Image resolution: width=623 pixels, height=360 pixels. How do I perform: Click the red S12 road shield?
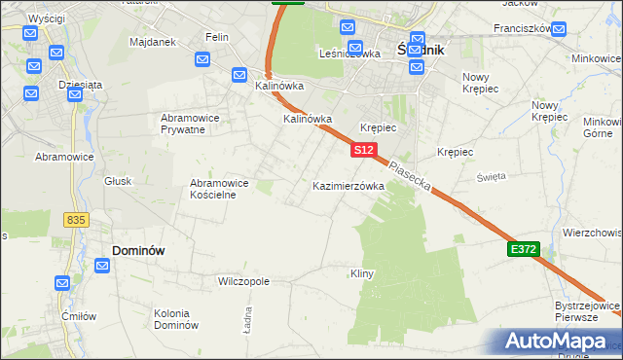363,150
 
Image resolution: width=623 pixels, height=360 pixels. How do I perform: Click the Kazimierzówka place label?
348,185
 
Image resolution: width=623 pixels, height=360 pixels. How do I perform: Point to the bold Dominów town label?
138,250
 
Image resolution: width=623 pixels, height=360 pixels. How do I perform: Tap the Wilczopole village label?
243,281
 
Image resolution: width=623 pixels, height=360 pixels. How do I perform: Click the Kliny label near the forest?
362,274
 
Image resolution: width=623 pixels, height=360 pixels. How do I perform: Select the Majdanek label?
152,43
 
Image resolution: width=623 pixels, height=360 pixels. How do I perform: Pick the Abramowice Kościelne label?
219,189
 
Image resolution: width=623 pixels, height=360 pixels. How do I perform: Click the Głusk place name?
118,181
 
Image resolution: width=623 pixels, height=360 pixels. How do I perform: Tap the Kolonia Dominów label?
176,319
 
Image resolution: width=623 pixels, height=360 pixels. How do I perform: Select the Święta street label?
491,176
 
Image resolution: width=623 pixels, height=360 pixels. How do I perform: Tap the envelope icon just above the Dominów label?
102,265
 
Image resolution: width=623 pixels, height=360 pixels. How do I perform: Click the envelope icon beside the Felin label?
202,59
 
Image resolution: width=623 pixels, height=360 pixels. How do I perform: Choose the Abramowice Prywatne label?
196,124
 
